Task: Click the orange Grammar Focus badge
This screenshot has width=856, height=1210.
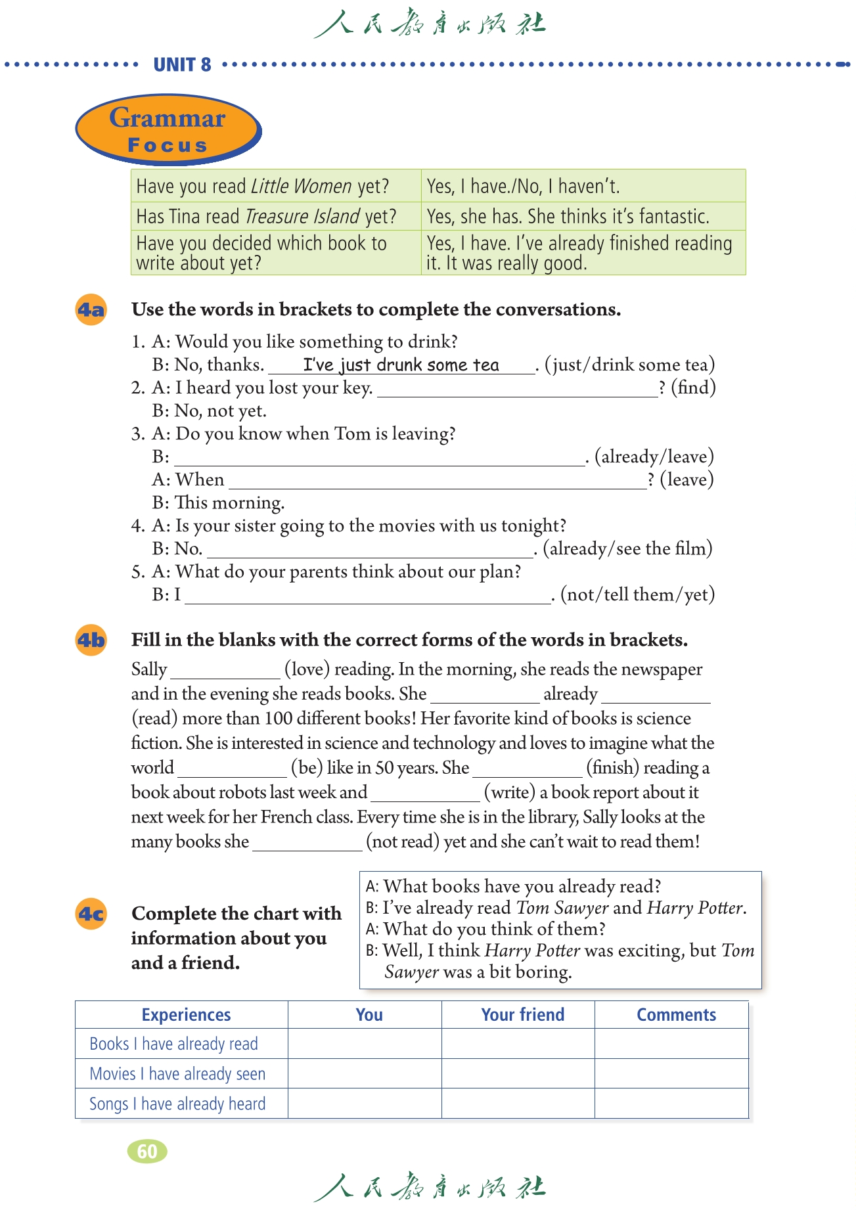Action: click(168, 129)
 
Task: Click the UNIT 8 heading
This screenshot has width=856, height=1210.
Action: click(182, 64)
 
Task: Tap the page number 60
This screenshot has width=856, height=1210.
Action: click(147, 1151)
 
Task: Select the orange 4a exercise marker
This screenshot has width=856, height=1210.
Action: click(91, 309)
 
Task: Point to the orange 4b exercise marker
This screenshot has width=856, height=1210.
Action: click(91, 640)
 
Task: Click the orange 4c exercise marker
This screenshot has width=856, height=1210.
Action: click(91, 914)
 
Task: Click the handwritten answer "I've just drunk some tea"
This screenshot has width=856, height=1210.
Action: click(401, 365)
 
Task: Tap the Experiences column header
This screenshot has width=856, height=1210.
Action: click(186, 1015)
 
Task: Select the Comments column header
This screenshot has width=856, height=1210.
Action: click(676, 1015)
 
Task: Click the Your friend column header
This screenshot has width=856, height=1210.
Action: click(522, 1015)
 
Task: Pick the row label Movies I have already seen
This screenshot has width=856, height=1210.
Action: click(177, 1074)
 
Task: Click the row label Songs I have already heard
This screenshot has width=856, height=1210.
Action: click(177, 1104)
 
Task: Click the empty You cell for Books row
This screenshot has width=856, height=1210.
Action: click(365, 1044)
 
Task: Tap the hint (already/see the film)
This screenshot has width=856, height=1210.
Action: click(627, 549)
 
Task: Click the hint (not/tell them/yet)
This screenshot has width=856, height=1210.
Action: click(637, 594)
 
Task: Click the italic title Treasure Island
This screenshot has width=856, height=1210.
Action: click(302, 216)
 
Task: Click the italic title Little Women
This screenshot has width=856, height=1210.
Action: click(302, 187)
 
